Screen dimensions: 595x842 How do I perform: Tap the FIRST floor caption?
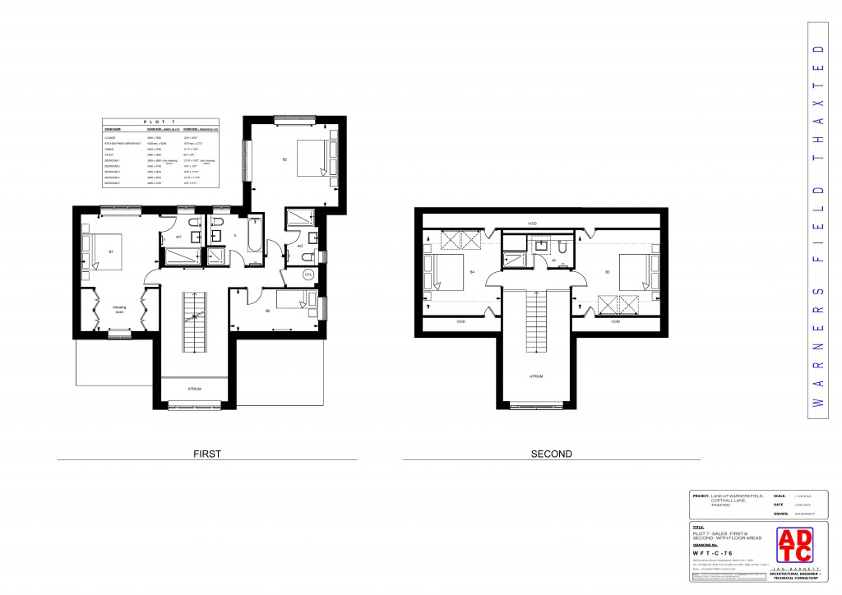point(205,453)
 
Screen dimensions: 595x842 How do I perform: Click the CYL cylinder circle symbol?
point(308,274)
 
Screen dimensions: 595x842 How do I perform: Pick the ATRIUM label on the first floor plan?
point(194,389)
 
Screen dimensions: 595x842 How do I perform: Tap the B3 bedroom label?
point(607,271)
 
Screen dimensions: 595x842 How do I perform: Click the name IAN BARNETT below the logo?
point(793,567)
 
